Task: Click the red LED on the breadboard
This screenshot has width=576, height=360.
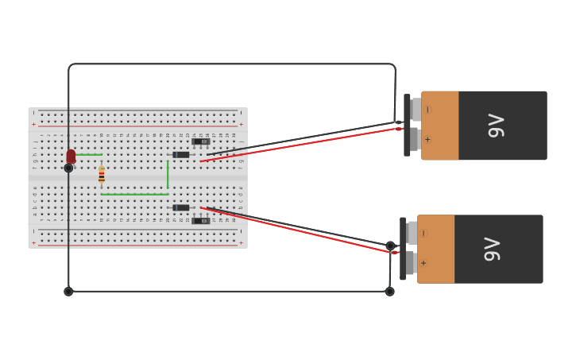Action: (71, 156)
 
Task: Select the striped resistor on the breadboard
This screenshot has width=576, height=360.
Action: (102, 176)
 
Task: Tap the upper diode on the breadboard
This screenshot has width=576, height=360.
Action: (181, 155)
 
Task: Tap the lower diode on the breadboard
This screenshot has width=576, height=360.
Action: (181, 207)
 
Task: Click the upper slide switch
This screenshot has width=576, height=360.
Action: (200, 141)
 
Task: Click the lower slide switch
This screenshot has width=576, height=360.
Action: (200, 221)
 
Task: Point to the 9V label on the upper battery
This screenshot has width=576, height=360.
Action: (496, 125)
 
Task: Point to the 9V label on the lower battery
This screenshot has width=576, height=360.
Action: (492, 249)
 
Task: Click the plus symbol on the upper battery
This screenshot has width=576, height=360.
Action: (427, 139)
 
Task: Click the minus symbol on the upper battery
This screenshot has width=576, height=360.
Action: (428, 110)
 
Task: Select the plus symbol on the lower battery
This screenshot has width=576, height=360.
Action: (423, 263)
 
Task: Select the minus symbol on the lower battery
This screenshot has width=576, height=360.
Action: (423, 234)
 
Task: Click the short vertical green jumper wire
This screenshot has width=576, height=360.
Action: (168, 175)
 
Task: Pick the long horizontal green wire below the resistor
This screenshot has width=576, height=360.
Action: (135, 194)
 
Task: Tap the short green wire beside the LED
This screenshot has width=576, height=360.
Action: (90, 154)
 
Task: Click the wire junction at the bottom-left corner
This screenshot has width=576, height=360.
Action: (68, 292)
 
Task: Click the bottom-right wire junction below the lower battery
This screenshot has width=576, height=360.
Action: (389, 292)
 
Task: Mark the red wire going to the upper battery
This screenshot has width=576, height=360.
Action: (302, 145)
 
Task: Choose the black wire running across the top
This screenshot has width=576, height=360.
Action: (230, 64)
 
